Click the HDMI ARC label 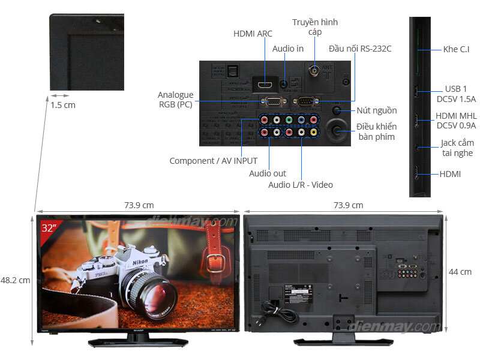[x=253, y=34]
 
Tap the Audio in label [x=287, y=49]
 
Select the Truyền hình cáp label [x=315, y=27]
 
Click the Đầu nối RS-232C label [x=360, y=49]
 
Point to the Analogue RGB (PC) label [x=175, y=100]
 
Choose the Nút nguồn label [x=376, y=110]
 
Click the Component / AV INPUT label [x=213, y=161]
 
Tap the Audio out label [x=268, y=173]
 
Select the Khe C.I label [x=456, y=49]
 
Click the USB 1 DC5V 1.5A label [x=456, y=94]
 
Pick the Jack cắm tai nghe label [x=457, y=148]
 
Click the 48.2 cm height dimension [x=15, y=280]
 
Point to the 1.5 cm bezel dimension [x=63, y=105]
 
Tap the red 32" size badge [x=49, y=229]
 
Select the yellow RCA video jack [x=313, y=132]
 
